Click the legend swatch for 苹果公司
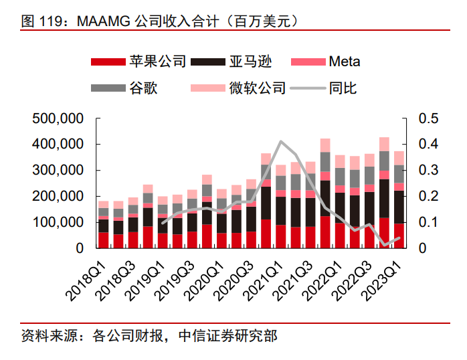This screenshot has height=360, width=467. tap(108, 62)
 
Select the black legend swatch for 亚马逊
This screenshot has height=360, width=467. tap(208, 62)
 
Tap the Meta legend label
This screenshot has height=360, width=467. tap(345, 62)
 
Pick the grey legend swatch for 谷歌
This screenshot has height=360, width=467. tap(108, 88)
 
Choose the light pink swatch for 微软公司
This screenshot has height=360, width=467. tap(208, 88)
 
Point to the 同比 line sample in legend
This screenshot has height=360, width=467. tap(308, 88)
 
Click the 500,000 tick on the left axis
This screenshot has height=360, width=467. tap(58, 118)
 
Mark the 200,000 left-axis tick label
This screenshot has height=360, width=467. tap(58, 196)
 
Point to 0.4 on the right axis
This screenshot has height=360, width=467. tap(429, 144)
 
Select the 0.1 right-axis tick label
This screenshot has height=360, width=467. tap(429, 222)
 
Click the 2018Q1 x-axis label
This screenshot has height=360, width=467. tap(86, 282)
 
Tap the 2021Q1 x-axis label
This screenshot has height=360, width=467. tap(263, 282)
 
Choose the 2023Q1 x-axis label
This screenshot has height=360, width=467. tap(381, 282)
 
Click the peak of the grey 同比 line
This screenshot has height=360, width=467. tap(281, 141)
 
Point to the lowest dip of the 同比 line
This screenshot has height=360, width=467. tap(385, 246)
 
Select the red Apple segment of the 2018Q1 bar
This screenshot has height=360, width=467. tap(103, 240)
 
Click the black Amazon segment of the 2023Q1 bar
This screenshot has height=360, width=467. tap(399, 207)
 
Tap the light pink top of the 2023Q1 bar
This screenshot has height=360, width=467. tap(399, 158)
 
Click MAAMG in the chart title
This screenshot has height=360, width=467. tap(104, 21)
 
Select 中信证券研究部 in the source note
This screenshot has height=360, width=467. tap(228, 336)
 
